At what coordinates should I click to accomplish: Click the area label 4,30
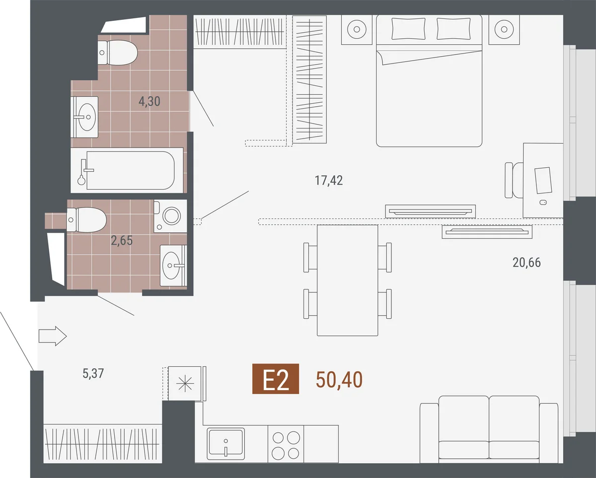click(149, 102)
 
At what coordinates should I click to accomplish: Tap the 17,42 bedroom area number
click(329, 181)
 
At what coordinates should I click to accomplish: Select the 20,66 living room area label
click(526, 263)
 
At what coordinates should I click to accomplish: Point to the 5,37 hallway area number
click(93, 373)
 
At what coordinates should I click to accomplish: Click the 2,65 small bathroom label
click(122, 241)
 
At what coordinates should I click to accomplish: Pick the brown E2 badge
click(276, 379)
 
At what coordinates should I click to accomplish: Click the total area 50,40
click(339, 380)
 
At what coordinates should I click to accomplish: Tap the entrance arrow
click(53, 336)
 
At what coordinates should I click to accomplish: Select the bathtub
click(127, 170)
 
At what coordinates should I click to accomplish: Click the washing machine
click(170, 216)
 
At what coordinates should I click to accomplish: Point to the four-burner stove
click(286, 444)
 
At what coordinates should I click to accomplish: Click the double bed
click(429, 80)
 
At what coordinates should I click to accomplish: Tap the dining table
click(348, 280)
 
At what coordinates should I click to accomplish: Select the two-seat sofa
click(489, 429)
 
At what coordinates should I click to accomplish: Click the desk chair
click(514, 180)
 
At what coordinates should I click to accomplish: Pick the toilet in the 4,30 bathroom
click(118, 53)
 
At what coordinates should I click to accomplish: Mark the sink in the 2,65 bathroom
click(174, 266)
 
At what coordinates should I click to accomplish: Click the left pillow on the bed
click(408, 28)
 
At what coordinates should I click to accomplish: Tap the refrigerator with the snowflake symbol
click(185, 383)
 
